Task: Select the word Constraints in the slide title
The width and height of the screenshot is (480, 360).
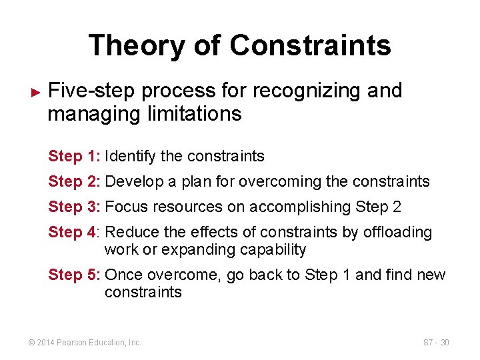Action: point(310,45)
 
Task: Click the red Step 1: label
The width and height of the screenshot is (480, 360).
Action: point(74,157)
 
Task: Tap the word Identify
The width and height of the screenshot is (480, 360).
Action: point(131,157)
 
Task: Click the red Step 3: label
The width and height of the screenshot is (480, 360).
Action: point(74,207)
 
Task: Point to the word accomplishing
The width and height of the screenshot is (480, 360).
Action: point(300,207)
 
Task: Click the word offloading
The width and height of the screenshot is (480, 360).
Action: point(400,233)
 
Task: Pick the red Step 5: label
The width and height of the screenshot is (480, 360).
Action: point(74,275)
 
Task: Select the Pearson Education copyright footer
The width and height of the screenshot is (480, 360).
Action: point(84,343)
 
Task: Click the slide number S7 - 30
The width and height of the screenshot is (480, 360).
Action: point(436,343)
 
